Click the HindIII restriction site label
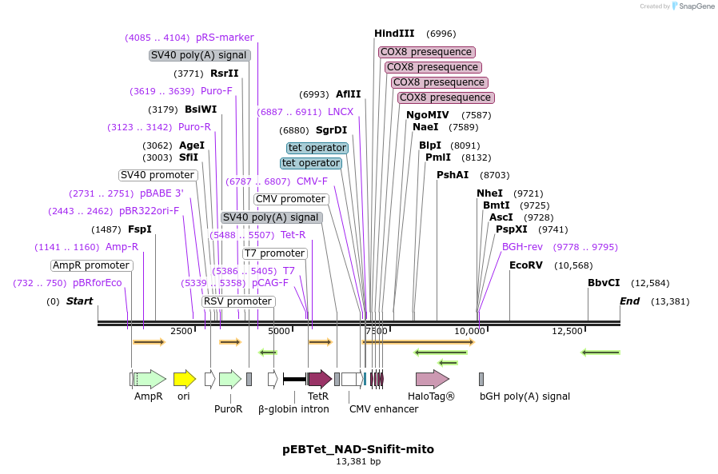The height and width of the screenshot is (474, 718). coord(394,34)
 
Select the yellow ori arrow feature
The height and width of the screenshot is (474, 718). coord(184,379)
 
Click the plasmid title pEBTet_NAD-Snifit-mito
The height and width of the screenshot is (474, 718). coord(358,449)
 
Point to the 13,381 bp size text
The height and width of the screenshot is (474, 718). coord(358,462)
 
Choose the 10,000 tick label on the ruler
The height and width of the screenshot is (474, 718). coord(470,331)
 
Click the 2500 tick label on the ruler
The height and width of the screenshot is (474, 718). coord(181,331)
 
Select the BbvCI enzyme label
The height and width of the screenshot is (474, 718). coord(604,283)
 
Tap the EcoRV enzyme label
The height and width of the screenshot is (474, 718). coord(526,265)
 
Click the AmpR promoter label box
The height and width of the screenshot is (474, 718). coord(92,265)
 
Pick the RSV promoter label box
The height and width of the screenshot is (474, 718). coord(238,301)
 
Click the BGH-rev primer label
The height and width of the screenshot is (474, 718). coord(522,247)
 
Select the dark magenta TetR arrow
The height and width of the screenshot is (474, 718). coord(320,379)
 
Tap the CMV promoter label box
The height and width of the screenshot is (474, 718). coord(290,199)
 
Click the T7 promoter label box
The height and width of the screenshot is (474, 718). coord(274,253)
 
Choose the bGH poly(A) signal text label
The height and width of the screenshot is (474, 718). coord(525,396)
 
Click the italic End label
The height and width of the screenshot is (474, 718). coord(630,301)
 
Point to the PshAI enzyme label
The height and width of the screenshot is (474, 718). coord(453,175)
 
